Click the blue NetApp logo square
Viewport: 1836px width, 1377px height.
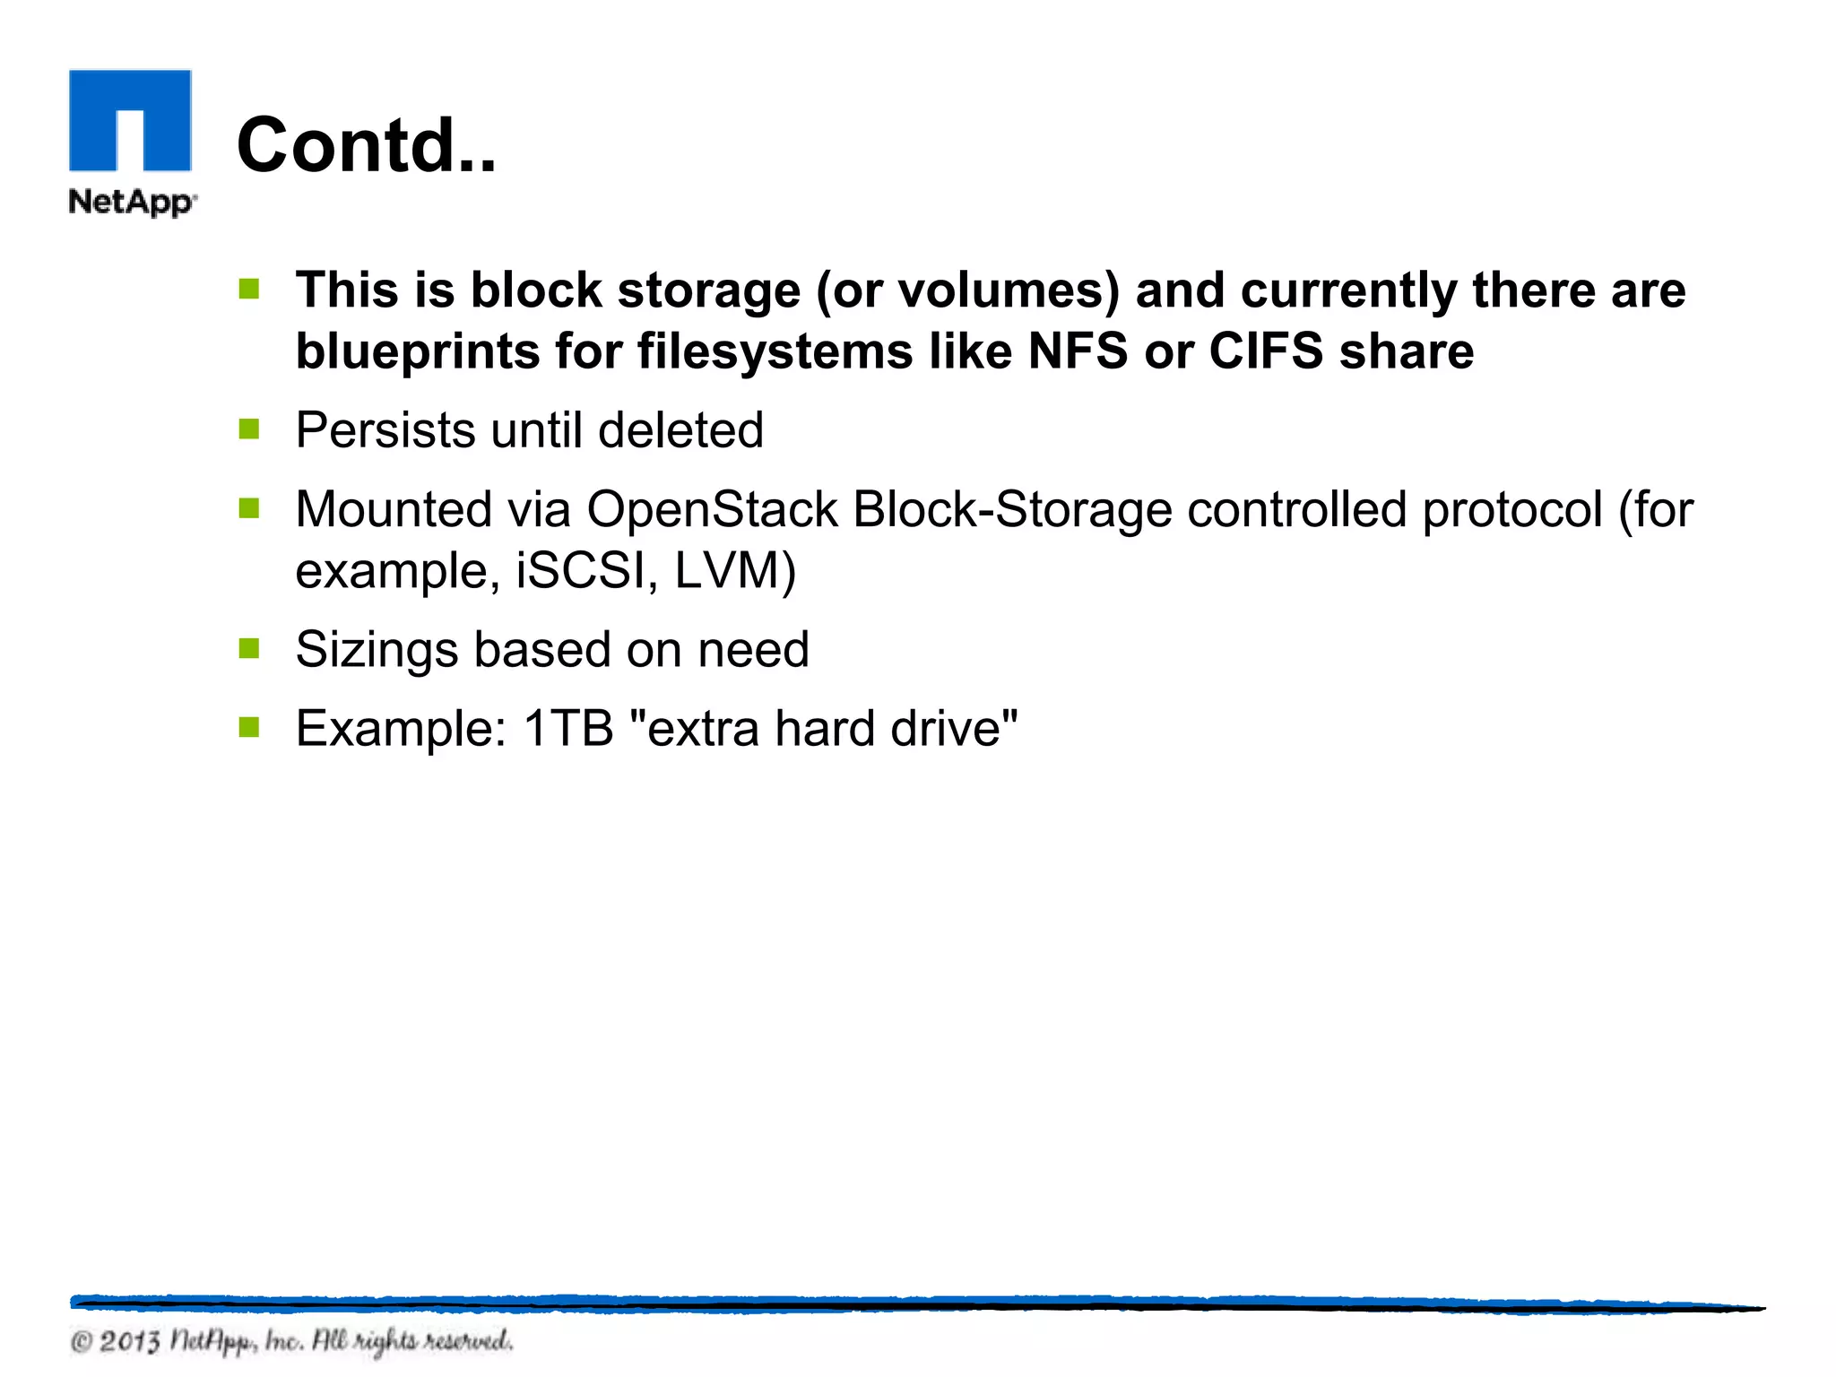130,120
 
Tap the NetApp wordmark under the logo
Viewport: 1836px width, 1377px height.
132,202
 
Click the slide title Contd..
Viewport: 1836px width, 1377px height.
366,145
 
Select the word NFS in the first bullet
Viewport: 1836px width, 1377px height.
1078,351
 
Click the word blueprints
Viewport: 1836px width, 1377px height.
418,351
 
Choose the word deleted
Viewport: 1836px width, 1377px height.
680,430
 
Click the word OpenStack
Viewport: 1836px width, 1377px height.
712,510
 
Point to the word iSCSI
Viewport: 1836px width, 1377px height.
580,570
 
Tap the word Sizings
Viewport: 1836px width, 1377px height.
377,650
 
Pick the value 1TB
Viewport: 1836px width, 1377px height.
567,728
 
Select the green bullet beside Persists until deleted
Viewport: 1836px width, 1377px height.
249,429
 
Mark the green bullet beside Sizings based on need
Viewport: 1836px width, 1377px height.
249,648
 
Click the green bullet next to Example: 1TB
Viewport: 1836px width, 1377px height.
249,727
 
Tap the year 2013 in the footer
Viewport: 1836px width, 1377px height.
129,1342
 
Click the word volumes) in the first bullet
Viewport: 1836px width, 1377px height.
1009,290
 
